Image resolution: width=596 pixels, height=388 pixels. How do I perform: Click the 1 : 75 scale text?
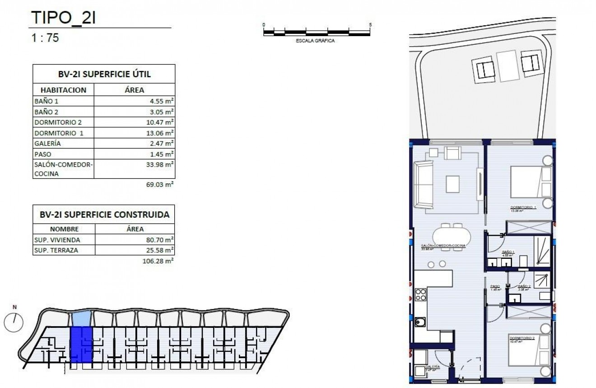(45, 38)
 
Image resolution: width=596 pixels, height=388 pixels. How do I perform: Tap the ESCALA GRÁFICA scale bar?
(317, 32)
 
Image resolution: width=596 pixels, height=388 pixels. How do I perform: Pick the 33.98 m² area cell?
(161, 165)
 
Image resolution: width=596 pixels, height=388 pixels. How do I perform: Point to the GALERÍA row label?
(47, 144)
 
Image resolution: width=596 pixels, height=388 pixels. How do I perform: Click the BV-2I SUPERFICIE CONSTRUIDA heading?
(104, 215)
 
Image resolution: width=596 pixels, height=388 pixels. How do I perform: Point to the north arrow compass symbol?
(14, 321)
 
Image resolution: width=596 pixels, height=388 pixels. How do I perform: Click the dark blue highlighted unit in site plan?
(81, 345)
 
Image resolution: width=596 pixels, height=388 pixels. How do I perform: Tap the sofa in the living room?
(424, 184)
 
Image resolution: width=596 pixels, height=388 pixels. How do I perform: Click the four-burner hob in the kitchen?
(420, 295)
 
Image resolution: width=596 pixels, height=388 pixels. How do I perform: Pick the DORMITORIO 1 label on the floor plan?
(522, 207)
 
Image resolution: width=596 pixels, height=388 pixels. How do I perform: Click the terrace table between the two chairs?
(508, 66)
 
